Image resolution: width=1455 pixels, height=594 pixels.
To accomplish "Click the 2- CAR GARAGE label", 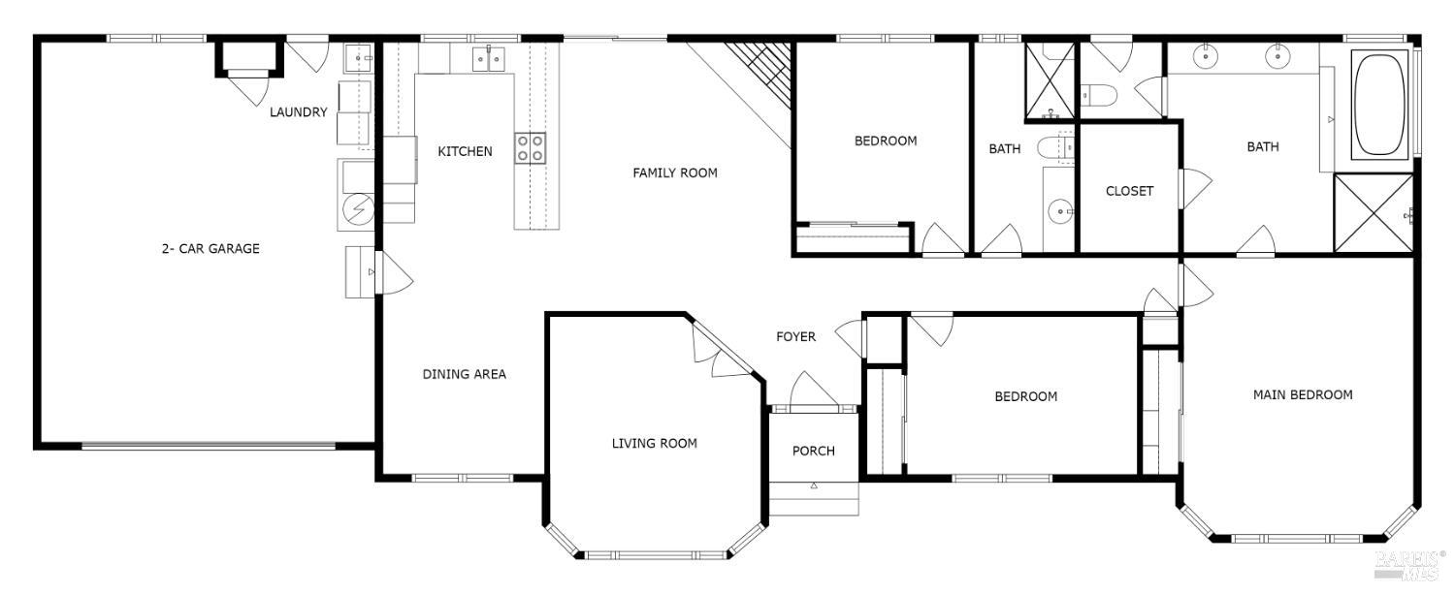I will [210, 249].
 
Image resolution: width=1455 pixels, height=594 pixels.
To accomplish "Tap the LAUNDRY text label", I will [298, 112].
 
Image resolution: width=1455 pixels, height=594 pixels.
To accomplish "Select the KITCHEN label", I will [465, 152].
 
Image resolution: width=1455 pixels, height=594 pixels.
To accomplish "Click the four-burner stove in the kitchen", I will [530, 147].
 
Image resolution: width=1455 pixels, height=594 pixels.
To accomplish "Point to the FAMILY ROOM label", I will [675, 173].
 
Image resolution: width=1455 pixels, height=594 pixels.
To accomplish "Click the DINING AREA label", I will [464, 374].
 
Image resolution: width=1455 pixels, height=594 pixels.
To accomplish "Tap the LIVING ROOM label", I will [654, 444].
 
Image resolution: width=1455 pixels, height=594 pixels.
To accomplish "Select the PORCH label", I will [813, 451].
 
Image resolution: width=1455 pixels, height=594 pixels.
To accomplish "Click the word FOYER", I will [795, 337].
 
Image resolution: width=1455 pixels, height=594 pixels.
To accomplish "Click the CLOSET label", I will [1129, 191].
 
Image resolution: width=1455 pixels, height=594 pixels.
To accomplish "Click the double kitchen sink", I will [489, 61].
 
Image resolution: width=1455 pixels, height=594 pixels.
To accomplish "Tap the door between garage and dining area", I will [395, 273].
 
